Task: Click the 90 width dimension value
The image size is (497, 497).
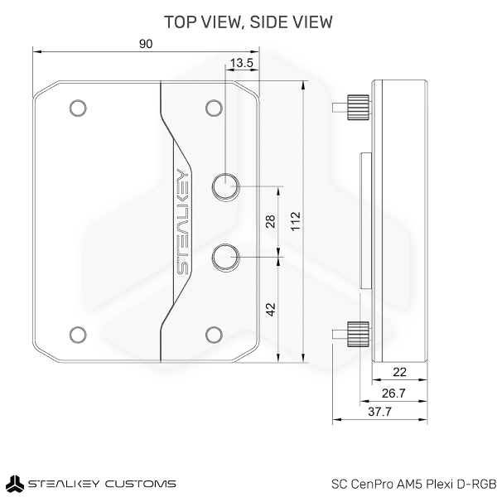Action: click(146, 44)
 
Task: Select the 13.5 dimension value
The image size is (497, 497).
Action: click(242, 63)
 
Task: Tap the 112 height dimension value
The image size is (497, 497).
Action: click(296, 221)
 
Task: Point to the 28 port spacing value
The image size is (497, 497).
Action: click(270, 221)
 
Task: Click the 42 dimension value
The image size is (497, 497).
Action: click(270, 309)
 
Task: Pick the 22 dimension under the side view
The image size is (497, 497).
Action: click(399, 372)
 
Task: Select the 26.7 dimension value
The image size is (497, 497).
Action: click(393, 393)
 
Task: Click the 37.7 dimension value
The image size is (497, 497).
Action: click(379, 412)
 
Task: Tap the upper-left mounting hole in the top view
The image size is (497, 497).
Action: click(78, 108)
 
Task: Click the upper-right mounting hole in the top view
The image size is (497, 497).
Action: click(214, 108)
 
